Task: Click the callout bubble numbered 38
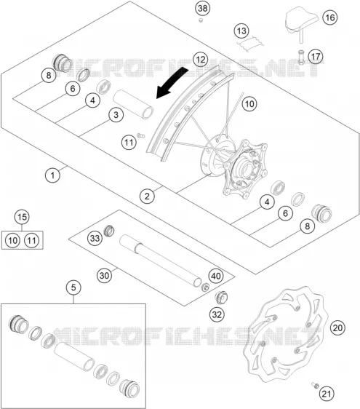[x=203, y=8]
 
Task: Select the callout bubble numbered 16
[x=329, y=17]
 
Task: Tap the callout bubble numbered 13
[x=241, y=31]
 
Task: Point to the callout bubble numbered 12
[x=201, y=59]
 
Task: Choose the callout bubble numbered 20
[x=337, y=327]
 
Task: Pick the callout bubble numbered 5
[x=73, y=287]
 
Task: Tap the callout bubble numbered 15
[x=22, y=217]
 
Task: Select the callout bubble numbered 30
[x=104, y=275]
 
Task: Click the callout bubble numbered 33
[x=95, y=238]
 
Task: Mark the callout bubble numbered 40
[x=216, y=276]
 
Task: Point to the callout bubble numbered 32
[x=217, y=315]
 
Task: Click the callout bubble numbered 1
[x=52, y=175]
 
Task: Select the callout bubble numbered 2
[x=147, y=196]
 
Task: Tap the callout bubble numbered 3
[x=116, y=115]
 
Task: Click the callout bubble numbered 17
[x=316, y=56]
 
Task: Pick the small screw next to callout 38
[x=201, y=20]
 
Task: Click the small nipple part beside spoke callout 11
[x=141, y=135]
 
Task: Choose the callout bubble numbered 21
[x=327, y=394]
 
